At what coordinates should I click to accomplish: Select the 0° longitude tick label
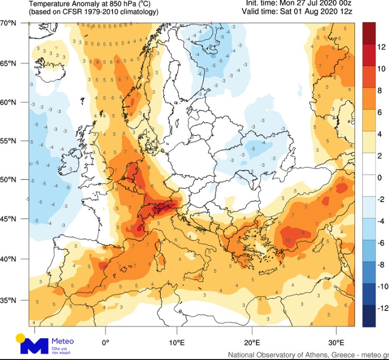(x=106, y=343)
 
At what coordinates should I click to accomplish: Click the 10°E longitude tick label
(x=177, y=343)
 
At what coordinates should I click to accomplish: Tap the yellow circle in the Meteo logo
(x=20, y=338)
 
